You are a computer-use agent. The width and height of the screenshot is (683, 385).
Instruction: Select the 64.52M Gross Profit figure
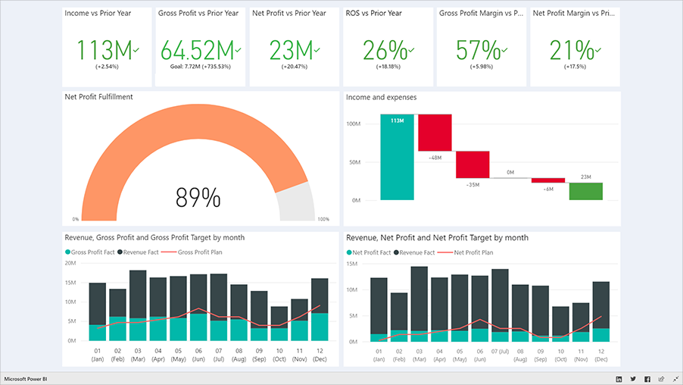pyautogui.click(x=197, y=51)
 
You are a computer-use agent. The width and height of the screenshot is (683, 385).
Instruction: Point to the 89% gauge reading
pyautogui.click(x=198, y=198)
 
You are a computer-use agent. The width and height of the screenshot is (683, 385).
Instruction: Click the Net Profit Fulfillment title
pyautogui.click(x=100, y=97)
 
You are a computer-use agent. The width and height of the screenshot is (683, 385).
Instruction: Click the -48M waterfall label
pyautogui.click(x=435, y=158)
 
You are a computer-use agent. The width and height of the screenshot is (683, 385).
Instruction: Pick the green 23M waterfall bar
pyautogui.click(x=586, y=191)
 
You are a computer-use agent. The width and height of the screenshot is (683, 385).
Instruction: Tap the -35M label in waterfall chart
pyautogui.click(x=472, y=184)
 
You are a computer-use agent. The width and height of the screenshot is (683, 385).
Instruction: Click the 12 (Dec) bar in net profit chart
pyautogui.click(x=600, y=311)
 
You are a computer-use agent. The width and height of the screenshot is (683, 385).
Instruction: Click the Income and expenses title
pyautogui.click(x=381, y=97)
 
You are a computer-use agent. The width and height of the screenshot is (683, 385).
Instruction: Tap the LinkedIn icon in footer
pyautogui.click(x=619, y=378)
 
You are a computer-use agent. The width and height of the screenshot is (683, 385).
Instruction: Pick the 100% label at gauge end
pyautogui.click(x=323, y=220)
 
